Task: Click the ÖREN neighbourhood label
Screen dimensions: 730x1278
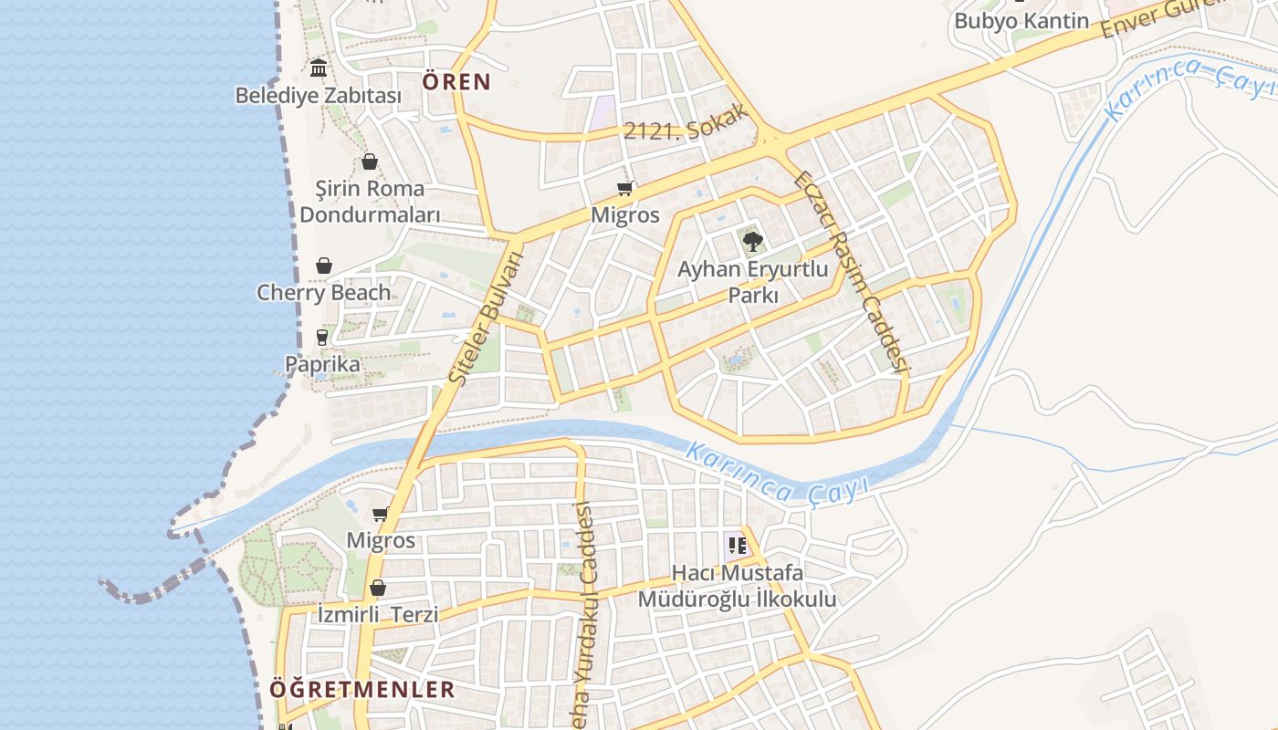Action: (x=456, y=82)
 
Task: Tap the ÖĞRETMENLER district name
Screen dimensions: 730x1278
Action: (x=361, y=689)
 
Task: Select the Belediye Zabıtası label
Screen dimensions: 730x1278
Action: (x=319, y=95)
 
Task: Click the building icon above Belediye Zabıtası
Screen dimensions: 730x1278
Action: (x=319, y=68)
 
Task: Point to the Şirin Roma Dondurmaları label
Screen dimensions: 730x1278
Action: (x=370, y=202)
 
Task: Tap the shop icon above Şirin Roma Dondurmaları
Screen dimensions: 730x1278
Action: (x=370, y=162)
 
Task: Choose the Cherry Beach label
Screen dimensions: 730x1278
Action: (x=323, y=293)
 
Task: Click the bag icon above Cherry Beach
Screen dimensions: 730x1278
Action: (x=324, y=266)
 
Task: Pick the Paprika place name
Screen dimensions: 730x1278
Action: (x=322, y=364)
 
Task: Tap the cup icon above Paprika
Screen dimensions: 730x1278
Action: (x=322, y=337)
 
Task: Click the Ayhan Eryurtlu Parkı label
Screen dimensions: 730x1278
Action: (x=752, y=282)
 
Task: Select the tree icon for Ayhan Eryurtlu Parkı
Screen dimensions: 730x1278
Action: (x=752, y=241)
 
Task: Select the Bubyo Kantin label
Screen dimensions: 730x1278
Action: (x=1021, y=21)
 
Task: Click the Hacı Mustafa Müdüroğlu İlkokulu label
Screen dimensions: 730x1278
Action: (x=737, y=586)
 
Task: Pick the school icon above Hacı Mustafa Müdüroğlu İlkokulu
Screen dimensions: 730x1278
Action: (x=738, y=546)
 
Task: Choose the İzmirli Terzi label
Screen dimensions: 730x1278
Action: (x=378, y=614)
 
